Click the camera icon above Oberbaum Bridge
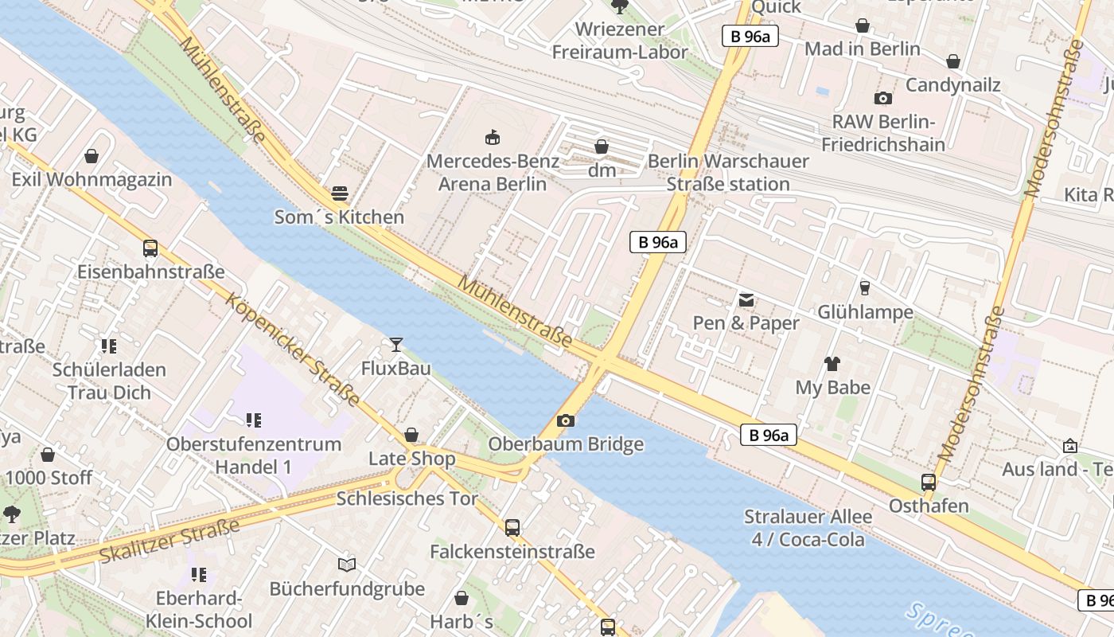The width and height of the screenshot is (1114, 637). [566, 420]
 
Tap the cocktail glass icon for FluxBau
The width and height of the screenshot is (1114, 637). [395, 344]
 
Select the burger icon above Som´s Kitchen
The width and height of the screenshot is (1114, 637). [340, 193]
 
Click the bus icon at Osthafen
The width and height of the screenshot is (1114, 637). [928, 482]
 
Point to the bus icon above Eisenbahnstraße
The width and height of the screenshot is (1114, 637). [150, 248]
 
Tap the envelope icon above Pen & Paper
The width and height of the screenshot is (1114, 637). [746, 300]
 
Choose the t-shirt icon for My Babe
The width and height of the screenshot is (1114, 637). [832, 364]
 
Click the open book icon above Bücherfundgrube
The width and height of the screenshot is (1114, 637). [347, 565]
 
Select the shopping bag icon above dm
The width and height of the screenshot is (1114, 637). [602, 147]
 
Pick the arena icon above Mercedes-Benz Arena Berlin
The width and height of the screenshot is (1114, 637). [493, 137]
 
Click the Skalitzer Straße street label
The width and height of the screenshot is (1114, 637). [169, 541]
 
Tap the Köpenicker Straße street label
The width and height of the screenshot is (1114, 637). [293, 350]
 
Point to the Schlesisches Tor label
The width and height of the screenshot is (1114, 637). [407, 499]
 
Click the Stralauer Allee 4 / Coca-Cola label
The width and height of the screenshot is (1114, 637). [808, 528]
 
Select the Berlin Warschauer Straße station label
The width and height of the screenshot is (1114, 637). [728, 172]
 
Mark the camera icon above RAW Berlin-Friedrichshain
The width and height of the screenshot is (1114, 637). [882, 99]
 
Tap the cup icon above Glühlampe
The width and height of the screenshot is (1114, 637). [865, 288]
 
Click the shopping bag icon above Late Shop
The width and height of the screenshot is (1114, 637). [411, 435]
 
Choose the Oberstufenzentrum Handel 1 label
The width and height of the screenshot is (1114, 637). [254, 455]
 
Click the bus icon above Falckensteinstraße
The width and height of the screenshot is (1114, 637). [512, 527]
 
